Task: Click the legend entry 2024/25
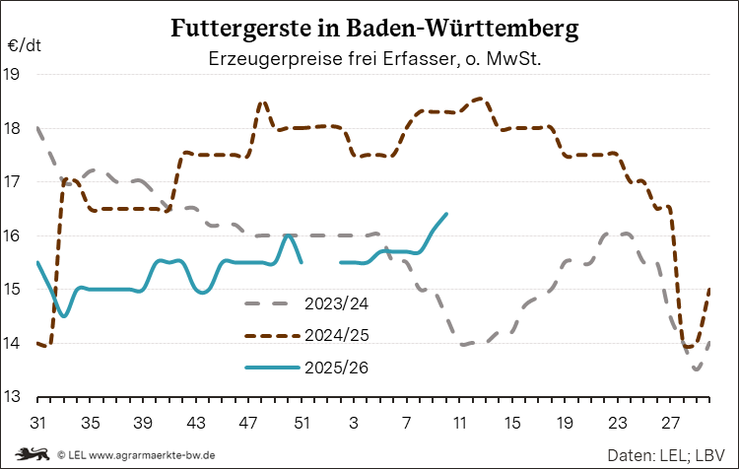click(337, 335)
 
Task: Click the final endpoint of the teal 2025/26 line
click(446, 214)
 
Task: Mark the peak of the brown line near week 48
click(262, 101)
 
